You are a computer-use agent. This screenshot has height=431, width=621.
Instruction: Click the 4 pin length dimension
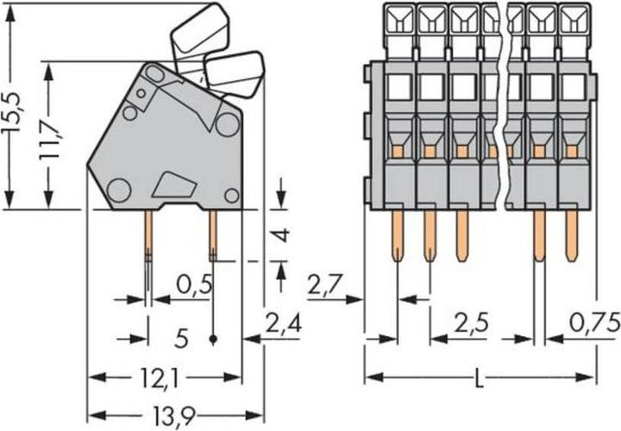pyautogui.click(x=280, y=234)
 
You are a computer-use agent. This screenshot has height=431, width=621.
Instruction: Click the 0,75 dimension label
pyautogui.click(x=594, y=324)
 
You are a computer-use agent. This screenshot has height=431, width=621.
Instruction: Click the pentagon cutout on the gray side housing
pyautogui.click(x=175, y=184)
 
